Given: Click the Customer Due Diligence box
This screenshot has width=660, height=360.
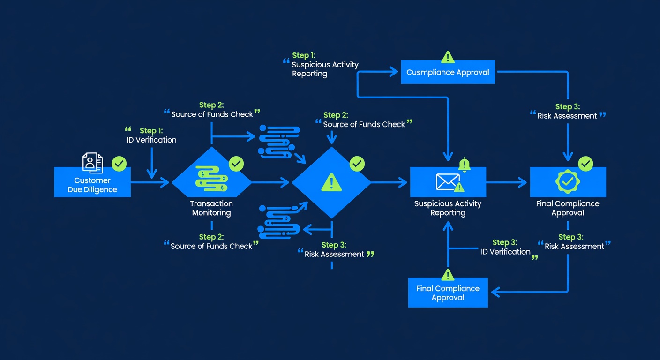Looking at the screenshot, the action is pos(92,182).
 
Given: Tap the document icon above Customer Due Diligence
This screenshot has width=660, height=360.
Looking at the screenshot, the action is pos(92,163).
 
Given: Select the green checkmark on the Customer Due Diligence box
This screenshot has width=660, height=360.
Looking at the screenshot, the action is pos(119,164).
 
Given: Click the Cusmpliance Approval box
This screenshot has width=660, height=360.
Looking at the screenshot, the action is pos(448,72).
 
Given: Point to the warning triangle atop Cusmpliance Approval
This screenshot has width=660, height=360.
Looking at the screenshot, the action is pos(448,57).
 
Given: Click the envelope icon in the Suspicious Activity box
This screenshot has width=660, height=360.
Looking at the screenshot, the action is pos(448,182).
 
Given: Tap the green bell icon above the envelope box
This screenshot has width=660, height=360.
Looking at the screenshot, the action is pos(465,165).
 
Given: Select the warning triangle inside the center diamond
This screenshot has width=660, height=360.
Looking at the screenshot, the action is pos(331,182).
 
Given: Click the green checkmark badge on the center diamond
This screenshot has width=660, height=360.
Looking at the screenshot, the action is pos(357,164).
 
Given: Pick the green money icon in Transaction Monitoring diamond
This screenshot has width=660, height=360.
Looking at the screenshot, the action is pos(211,178).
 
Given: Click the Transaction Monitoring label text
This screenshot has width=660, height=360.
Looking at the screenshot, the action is pos(211,208).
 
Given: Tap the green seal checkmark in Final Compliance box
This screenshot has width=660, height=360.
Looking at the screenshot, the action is pos(568,181).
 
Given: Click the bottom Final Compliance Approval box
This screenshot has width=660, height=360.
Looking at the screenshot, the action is pos(448,292).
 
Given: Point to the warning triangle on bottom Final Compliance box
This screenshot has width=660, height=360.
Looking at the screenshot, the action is pos(448,275).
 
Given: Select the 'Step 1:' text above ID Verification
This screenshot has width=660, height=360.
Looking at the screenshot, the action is pos(151,130).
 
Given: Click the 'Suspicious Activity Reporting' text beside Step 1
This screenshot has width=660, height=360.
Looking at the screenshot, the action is pos(325,69).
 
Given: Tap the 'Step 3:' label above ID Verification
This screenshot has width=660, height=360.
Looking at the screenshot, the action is pos(505,242).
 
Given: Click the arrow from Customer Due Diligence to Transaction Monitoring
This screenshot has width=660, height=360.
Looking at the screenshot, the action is pos(150,182).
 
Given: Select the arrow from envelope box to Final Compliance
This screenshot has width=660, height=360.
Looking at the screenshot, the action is pos(507,182).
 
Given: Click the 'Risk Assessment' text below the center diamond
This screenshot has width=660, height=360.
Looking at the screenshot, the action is pos(334,254).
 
